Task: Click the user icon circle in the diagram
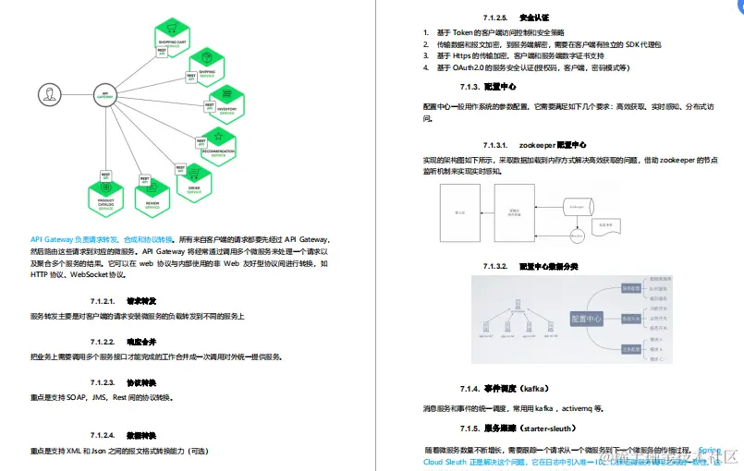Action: (47, 94)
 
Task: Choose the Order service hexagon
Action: (194, 181)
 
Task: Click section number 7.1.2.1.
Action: (102, 301)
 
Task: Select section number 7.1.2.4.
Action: (102, 434)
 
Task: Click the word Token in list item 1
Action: (461, 32)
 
